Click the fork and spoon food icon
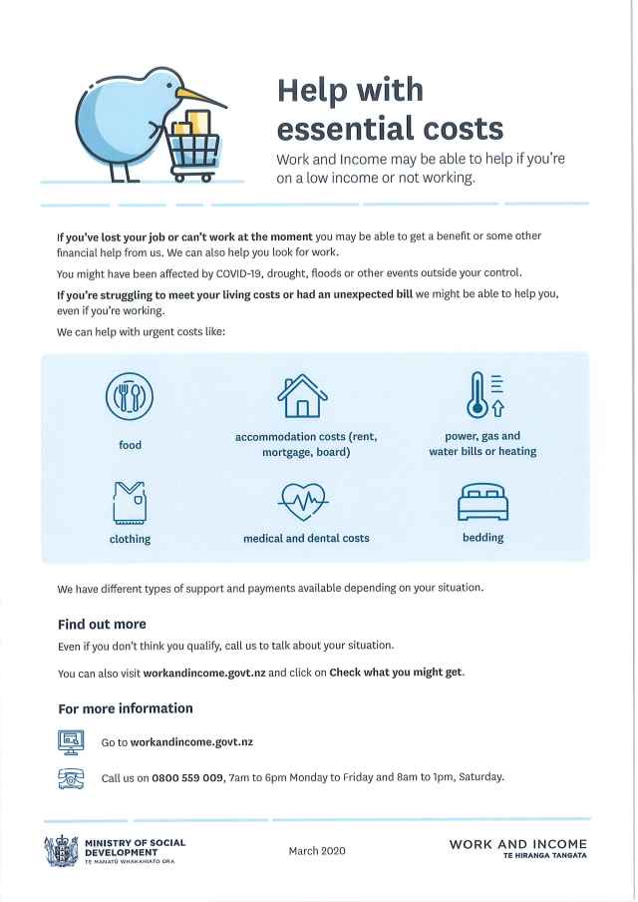pyautogui.click(x=130, y=397)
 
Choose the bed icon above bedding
pyautogui.click(x=482, y=503)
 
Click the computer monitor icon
pyautogui.click(x=71, y=740)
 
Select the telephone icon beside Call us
pyautogui.click(x=71, y=777)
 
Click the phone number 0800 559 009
pyautogui.click(x=187, y=777)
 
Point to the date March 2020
pyautogui.click(x=318, y=850)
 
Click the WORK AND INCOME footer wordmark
pyautogui.click(x=517, y=845)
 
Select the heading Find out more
pyautogui.click(x=102, y=625)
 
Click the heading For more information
pyautogui.click(x=126, y=708)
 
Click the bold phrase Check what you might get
pyautogui.click(x=396, y=673)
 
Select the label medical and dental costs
pyautogui.click(x=306, y=539)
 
